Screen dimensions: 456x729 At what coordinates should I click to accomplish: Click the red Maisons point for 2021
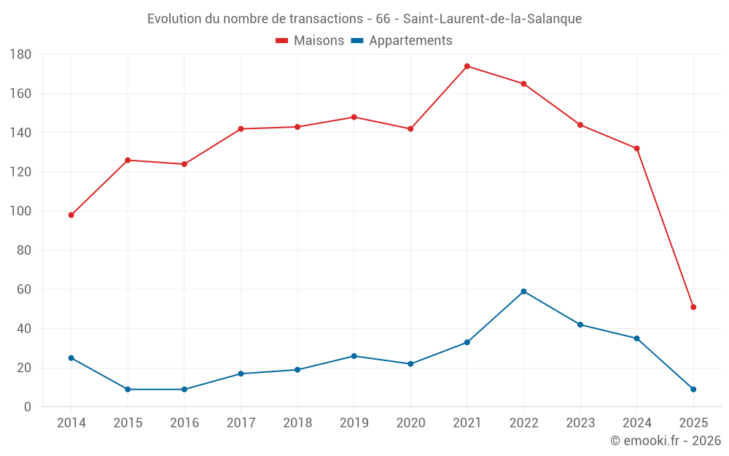467,66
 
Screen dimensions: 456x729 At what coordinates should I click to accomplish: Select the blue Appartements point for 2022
523,292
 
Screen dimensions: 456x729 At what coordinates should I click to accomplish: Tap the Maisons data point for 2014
71,215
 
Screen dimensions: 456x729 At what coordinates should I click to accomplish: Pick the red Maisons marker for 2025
693,307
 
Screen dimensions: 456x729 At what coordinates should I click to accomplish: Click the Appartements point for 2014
71,358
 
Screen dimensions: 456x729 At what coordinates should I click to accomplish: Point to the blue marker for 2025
693,390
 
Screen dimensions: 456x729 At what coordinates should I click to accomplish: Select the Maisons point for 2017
241,129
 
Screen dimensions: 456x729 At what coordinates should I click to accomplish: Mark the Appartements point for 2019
354,356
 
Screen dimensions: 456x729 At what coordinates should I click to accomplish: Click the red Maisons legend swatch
282,41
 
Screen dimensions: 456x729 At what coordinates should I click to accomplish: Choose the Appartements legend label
410,41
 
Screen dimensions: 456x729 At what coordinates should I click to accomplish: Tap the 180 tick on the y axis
20,55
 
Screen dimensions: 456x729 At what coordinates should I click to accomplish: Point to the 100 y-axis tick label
20,212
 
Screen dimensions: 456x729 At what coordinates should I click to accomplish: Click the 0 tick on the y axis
28,407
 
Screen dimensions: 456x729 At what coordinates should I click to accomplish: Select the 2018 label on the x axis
297,423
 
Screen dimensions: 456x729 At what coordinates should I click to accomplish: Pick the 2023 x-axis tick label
580,423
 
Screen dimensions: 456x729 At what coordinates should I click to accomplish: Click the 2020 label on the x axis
410,423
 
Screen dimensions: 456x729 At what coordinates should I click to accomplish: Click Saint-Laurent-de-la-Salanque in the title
492,19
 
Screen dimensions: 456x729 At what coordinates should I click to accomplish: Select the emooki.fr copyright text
666,441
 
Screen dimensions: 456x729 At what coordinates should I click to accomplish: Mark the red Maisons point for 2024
636,149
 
